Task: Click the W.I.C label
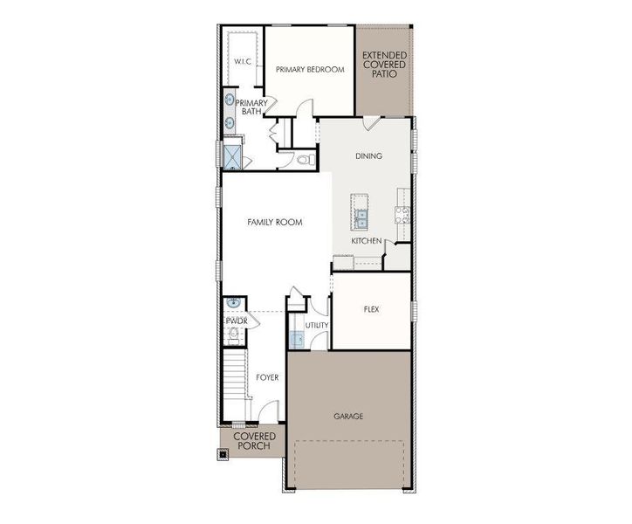[242, 61]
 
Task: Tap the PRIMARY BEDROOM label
[310, 69]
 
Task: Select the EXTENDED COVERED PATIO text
[384, 65]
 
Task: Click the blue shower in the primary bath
[233, 155]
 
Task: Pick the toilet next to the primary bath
[304, 161]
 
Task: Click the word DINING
[368, 156]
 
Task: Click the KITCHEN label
[366, 239]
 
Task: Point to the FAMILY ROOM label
[274, 223]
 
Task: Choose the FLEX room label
[370, 309]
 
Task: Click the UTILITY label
[317, 326]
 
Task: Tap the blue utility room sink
[295, 339]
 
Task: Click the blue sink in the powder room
[233, 303]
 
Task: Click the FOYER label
[267, 378]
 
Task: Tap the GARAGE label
[348, 417]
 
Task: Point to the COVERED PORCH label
[255, 441]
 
